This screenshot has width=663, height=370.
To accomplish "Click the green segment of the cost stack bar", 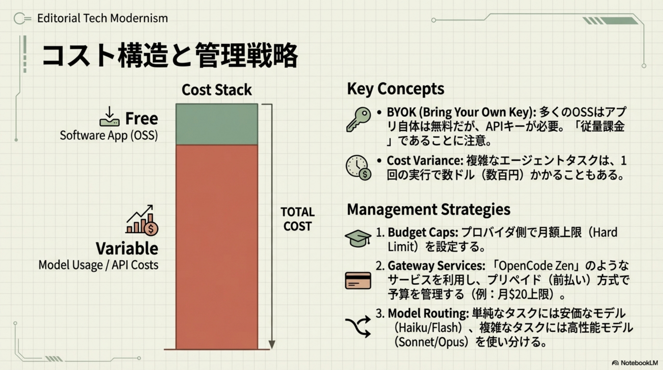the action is (x=217, y=124).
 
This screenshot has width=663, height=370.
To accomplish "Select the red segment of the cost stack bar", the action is (x=217, y=247).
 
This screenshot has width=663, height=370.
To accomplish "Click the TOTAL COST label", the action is (x=298, y=219).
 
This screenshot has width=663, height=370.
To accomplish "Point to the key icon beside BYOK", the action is (x=358, y=120).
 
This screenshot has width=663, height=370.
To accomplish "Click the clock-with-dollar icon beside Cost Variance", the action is (x=358, y=167).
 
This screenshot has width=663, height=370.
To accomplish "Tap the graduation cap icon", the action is (x=358, y=238).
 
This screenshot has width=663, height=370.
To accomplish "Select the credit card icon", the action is (x=358, y=280).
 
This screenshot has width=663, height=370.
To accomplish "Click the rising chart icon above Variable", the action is (x=142, y=220).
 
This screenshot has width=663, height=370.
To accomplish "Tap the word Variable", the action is (x=127, y=248).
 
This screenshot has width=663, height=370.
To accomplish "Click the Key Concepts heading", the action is (x=396, y=89).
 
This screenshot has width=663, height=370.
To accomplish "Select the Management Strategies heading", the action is (x=429, y=209).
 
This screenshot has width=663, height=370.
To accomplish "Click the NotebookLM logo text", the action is (x=639, y=363).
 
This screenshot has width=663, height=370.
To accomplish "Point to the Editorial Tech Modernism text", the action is (x=102, y=18).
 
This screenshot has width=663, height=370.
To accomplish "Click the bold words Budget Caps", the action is (x=423, y=232).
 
